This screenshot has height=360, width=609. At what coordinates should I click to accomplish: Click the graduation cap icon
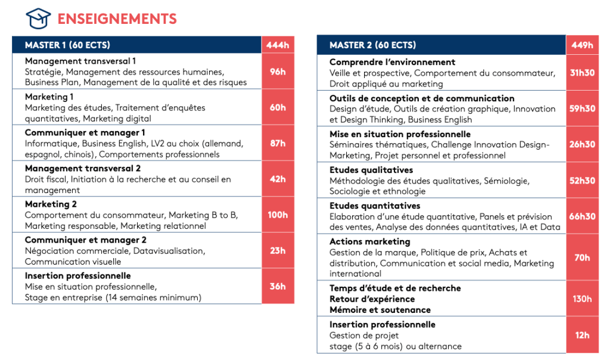39,19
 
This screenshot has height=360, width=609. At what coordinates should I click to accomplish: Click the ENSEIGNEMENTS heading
117,19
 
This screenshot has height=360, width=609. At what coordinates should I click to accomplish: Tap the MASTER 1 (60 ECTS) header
67,45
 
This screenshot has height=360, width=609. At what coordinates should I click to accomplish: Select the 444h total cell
278,45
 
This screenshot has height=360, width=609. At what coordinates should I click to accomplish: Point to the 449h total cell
582,45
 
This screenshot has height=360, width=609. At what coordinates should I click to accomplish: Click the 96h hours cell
278,72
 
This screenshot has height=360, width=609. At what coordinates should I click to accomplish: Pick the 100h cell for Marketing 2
278,215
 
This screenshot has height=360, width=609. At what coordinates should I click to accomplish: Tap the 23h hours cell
278,250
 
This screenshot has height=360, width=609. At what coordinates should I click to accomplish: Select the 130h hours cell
582,299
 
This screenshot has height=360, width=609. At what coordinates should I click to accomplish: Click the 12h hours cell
582,336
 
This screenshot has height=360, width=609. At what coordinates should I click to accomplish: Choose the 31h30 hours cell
582,73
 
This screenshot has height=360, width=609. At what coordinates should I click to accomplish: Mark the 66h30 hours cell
582,216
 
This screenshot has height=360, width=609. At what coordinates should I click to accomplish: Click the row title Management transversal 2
83,169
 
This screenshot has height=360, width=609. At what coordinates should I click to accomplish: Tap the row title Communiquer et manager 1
85,133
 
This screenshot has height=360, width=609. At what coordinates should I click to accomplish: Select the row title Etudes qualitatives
371,170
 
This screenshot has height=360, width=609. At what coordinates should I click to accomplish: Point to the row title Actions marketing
370,242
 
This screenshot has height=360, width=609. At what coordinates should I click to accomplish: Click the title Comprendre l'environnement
392,62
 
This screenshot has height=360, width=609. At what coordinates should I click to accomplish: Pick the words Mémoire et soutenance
380,310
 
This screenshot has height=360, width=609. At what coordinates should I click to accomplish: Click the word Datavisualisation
168,251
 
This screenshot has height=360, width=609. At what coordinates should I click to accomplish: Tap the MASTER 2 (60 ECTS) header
373,45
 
